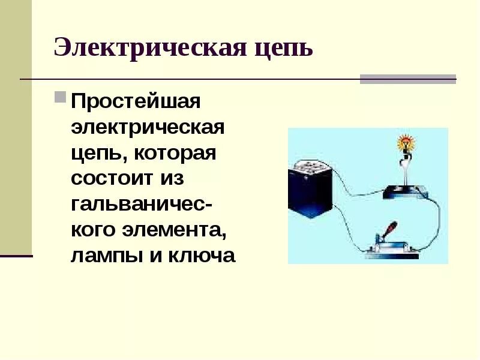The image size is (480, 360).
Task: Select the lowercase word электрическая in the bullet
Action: click(x=148, y=127)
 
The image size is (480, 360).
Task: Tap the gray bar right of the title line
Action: click(x=408, y=79)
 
